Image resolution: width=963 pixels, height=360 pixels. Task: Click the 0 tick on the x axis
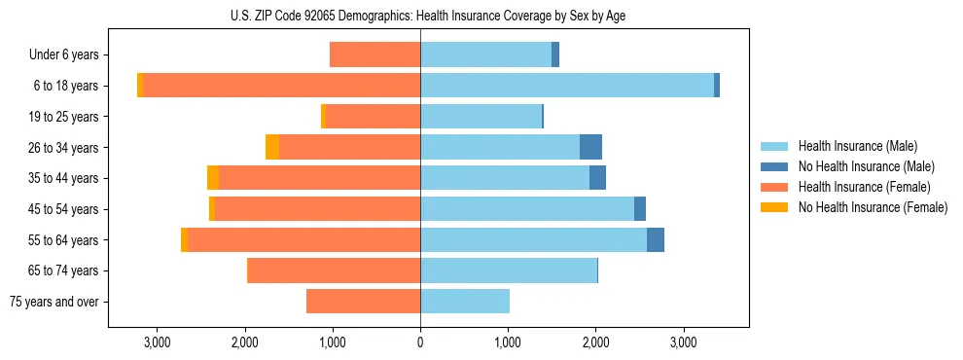click(x=420, y=342)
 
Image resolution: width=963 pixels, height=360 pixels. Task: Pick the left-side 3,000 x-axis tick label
click(x=157, y=342)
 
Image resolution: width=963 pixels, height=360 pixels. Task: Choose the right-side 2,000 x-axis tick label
click(x=595, y=342)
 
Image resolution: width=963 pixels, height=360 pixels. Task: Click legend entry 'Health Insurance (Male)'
click(x=857, y=146)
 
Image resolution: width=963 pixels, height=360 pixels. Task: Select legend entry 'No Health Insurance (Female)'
click(x=873, y=207)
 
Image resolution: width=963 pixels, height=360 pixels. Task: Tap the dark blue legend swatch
click(x=775, y=166)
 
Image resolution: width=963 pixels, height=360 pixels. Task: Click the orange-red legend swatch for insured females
click(x=775, y=187)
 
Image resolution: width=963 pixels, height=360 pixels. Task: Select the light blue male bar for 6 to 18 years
click(x=567, y=86)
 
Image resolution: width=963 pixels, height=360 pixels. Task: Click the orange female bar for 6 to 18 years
click(x=282, y=86)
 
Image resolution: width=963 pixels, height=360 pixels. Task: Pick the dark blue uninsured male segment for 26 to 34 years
click(x=590, y=147)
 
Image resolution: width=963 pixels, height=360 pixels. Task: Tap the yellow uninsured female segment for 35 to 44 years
click(x=213, y=178)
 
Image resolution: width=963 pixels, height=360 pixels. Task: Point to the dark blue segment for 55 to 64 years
click(x=656, y=239)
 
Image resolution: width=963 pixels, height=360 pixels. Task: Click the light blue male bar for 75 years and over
click(x=465, y=302)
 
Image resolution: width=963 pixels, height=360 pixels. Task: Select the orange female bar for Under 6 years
click(x=375, y=54)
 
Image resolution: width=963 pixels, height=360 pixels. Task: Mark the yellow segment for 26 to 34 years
click(x=272, y=147)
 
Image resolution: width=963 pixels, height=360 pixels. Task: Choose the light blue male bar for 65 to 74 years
click(x=509, y=270)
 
